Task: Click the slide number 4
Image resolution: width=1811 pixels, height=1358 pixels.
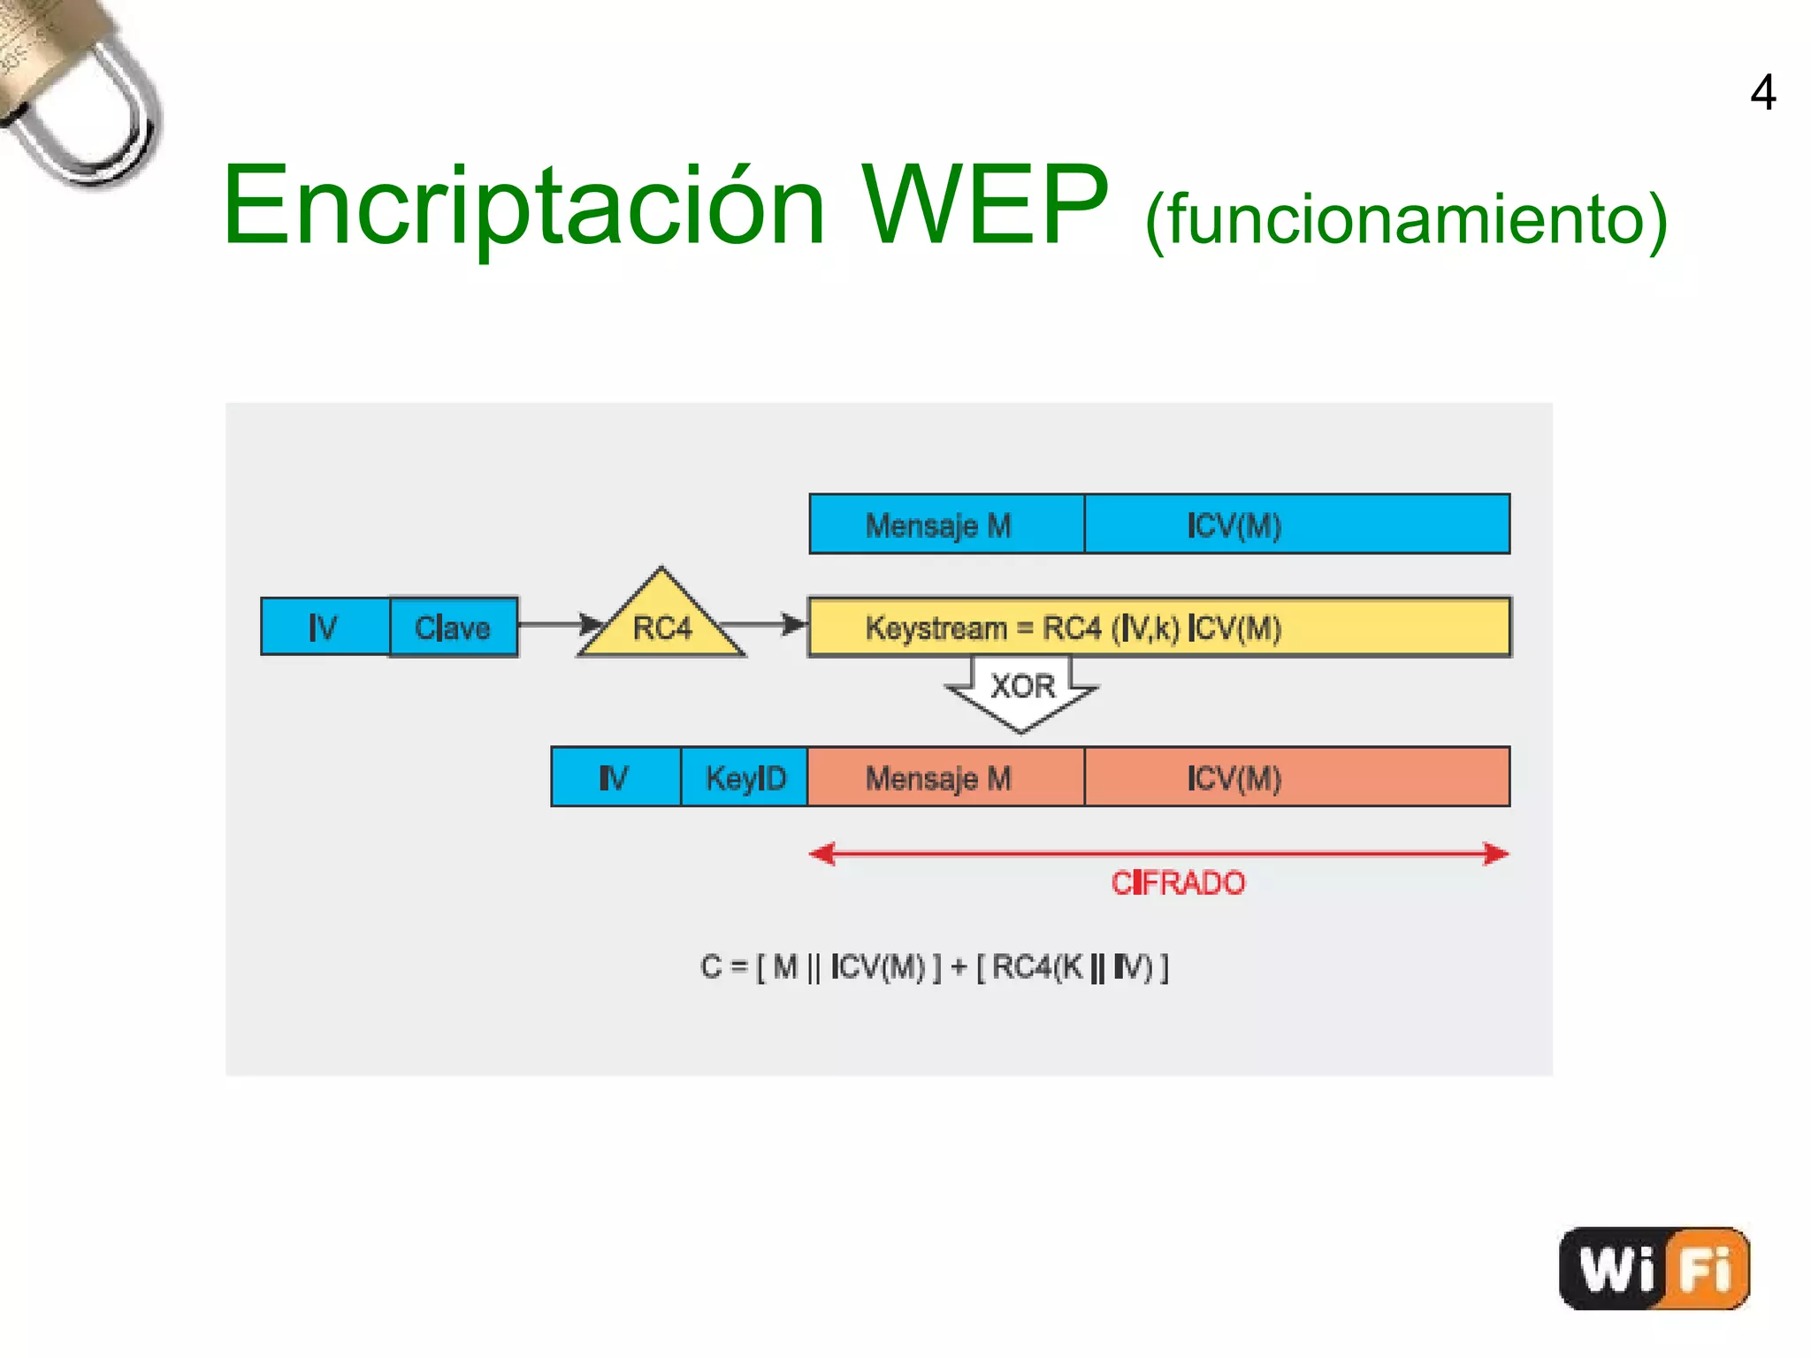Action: tap(1762, 93)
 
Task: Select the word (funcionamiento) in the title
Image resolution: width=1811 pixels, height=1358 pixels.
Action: tap(1406, 219)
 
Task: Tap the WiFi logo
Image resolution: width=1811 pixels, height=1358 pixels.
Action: tap(1654, 1268)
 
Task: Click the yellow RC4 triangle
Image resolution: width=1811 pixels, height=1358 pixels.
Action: tap(661, 622)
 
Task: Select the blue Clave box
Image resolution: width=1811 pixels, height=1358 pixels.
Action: tap(453, 627)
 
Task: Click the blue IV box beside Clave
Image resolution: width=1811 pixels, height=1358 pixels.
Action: tap(325, 627)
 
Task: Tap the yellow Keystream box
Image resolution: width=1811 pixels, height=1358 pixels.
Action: tap(1158, 628)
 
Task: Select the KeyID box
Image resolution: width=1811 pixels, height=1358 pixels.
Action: tap(745, 777)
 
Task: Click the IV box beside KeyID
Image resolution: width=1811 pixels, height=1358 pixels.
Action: tap(615, 777)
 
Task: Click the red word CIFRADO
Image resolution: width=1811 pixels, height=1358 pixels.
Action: tap(1177, 882)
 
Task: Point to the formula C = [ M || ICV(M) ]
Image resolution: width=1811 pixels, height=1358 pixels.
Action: tap(934, 966)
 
